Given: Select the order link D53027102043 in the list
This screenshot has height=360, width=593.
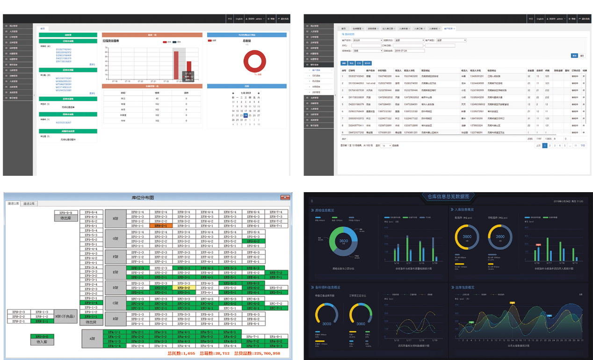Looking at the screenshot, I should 64,49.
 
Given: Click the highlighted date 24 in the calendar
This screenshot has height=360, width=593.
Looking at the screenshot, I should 246,115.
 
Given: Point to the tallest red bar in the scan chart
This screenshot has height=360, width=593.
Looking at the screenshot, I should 176,65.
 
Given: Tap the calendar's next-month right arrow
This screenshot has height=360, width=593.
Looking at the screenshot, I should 258,93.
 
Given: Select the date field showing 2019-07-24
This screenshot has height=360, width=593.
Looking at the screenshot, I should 403,50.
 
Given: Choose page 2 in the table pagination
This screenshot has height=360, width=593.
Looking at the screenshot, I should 550,145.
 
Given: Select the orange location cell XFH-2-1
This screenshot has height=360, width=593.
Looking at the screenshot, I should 160,226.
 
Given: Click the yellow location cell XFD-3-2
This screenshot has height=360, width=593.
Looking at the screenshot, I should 183,288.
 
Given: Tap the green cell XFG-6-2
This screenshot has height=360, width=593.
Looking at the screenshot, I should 253,241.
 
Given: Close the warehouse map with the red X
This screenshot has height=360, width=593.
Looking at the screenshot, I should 284,197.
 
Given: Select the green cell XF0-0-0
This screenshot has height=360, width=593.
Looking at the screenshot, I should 42,337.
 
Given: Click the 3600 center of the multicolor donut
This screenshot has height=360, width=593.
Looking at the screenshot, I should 344,241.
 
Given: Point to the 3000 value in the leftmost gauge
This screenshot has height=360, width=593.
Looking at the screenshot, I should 326,324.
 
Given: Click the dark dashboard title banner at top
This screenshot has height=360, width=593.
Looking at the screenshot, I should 448,197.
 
